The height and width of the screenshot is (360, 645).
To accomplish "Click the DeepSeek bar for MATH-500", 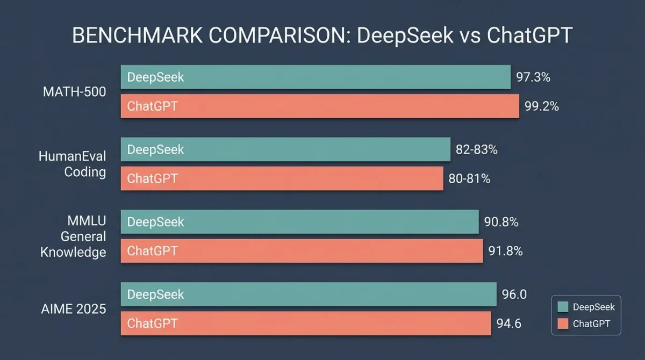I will click(x=315, y=77).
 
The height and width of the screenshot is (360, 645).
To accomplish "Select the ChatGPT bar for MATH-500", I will click(x=320, y=106).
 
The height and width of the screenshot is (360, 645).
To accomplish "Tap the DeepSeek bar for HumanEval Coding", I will click(x=285, y=149).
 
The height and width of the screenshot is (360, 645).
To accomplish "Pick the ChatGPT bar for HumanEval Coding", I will click(x=282, y=178).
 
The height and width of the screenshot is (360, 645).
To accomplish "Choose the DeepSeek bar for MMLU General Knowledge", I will click(x=299, y=222).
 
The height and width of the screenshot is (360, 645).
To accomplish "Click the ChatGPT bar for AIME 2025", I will click(x=306, y=323).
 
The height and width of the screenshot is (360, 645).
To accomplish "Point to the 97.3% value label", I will click(x=533, y=77).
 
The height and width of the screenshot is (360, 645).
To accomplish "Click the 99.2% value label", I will click(x=542, y=106).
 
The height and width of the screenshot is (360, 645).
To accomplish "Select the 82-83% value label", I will click(x=477, y=150).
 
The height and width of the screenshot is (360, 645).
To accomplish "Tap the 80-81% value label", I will click(x=469, y=179).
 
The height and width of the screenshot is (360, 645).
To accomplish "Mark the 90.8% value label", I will click(x=501, y=222).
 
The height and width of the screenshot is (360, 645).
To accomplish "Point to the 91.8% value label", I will click(x=505, y=251).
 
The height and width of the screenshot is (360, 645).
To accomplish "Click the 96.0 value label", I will click(x=514, y=294).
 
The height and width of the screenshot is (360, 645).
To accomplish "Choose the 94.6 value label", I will click(x=509, y=323).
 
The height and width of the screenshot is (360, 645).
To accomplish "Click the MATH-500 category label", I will click(x=74, y=92).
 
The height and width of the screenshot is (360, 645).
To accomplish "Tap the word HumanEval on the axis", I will click(x=73, y=156).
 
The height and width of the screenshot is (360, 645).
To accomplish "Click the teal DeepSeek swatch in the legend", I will click(x=563, y=307).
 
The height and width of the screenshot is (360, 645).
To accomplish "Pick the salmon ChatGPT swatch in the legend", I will click(x=563, y=323).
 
